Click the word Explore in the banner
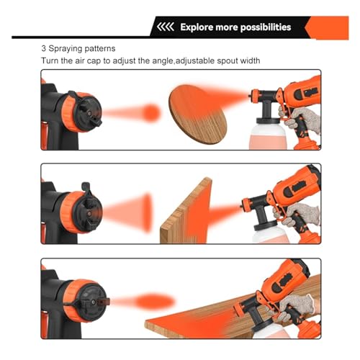[x=197, y=27]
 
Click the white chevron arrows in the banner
[x=164, y=27]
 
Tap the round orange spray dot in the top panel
[x=151, y=112]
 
